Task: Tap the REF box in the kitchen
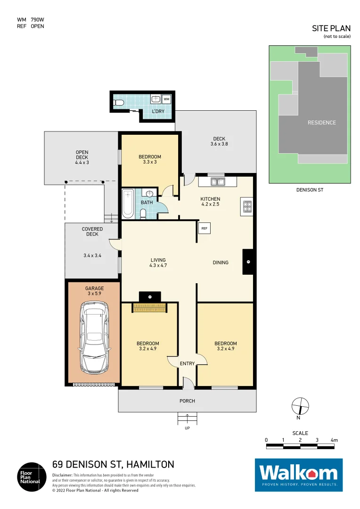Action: [204, 228]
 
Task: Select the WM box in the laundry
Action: [166, 99]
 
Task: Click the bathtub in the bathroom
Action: [128, 204]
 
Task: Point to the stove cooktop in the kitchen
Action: [247, 206]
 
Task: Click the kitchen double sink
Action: [218, 181]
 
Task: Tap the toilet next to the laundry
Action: [119, 102]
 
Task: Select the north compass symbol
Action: [300, 406]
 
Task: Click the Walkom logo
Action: [299, 475]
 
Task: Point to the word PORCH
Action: [187, 401]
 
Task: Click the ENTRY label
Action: [187, 363]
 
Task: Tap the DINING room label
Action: [221, 263]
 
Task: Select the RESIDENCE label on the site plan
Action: [322, 123]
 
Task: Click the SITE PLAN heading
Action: [331, 29]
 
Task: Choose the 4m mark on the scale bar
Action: [334, 440]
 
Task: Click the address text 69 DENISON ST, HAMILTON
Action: [113, 464]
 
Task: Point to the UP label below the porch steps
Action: [187, 428]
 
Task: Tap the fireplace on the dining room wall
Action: [248, 262]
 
